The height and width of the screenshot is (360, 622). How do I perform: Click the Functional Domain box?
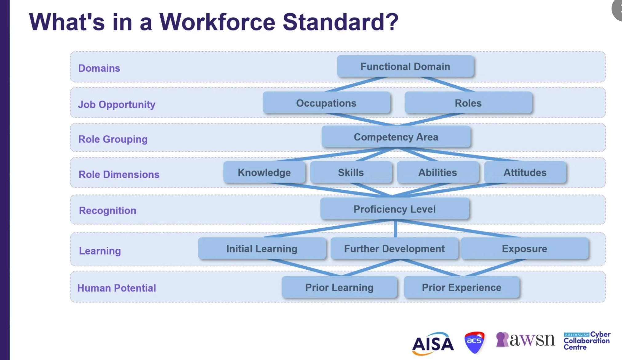(x=405, y=66)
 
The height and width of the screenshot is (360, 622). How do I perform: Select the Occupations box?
(x=326, y=103)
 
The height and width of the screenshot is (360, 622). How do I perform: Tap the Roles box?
(x=468, y=103)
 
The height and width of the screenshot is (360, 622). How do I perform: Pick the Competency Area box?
(x=396, y=137)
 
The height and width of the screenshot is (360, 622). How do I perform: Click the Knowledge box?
(x=264, y=172)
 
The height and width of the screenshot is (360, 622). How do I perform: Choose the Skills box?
(x=351, y=172)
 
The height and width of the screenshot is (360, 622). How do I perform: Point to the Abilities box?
(x=438, y=172)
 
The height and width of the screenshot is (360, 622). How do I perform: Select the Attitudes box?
(x=525, y=172)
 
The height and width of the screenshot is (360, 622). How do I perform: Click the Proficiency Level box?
(x=395, y=209)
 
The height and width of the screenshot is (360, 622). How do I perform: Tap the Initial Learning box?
(x=262, y=248)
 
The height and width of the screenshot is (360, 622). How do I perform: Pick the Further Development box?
(x=394, y=248)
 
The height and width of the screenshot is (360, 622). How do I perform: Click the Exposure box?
(x=524, y=248)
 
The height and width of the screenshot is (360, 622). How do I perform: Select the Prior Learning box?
(x=339, y=287)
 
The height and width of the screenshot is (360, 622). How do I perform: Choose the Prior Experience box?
(x=462, y=287)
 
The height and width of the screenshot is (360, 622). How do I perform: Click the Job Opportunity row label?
(x=117, y=105)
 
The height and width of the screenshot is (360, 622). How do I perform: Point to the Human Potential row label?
(x=117, y=288)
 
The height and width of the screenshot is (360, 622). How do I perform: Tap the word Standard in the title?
(x=341, y=22)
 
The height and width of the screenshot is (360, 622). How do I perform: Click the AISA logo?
(x=433, y=344)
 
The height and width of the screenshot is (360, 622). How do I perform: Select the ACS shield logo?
(x=474, y=342)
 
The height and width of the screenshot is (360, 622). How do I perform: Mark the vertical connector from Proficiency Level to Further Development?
(x=395, y=228)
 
